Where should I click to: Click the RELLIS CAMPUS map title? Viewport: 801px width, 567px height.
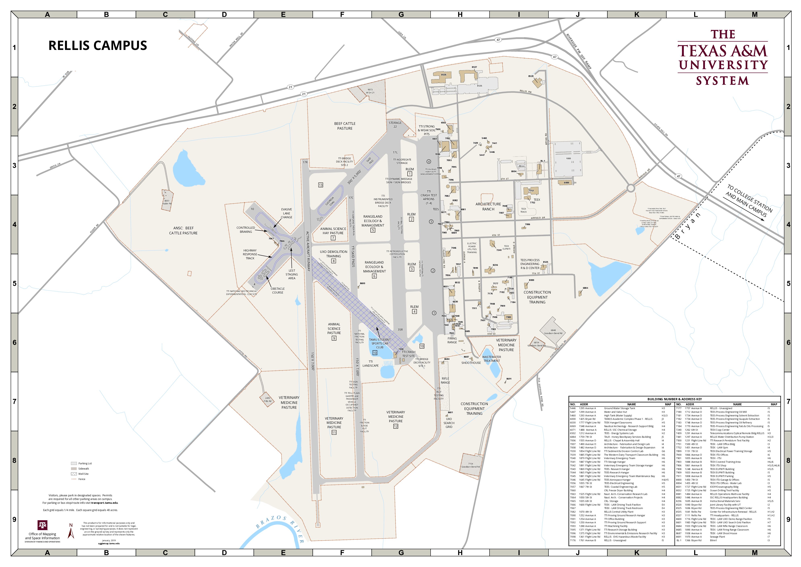click(x=98, y=46)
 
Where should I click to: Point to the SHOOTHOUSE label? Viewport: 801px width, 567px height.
click(x=471, y=363)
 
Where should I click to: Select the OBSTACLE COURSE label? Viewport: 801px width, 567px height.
click(x=278, y=291)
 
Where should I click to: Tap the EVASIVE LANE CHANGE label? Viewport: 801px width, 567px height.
click(x=287, y=213)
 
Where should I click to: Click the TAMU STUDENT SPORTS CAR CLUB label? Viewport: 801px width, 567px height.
click(x=379, y=343)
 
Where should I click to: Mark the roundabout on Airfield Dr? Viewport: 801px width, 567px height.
click(x=630, y=188)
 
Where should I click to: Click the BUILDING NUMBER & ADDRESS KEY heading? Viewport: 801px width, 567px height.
click(x=674, y=399)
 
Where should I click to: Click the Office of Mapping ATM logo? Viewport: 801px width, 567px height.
click(x=42, y=525)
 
